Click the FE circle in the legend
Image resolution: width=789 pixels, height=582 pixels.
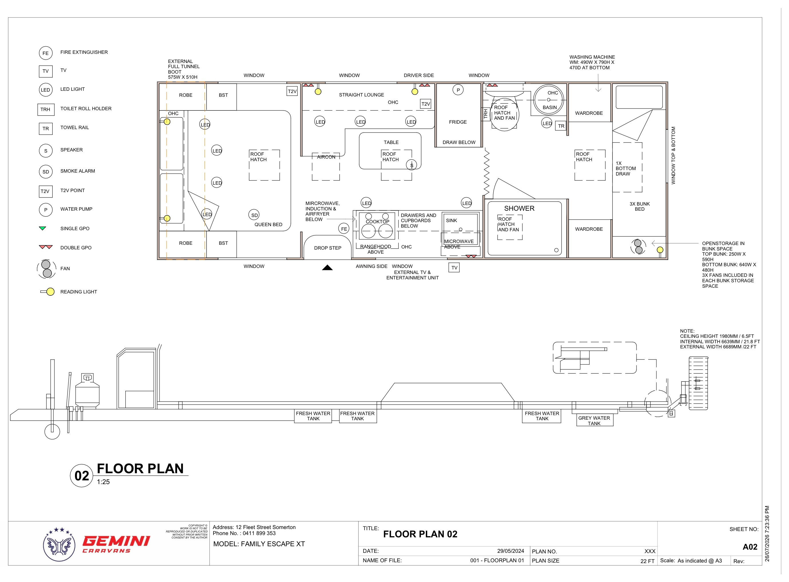(46, 53)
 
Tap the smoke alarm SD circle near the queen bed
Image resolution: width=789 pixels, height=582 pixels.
(254, 215)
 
